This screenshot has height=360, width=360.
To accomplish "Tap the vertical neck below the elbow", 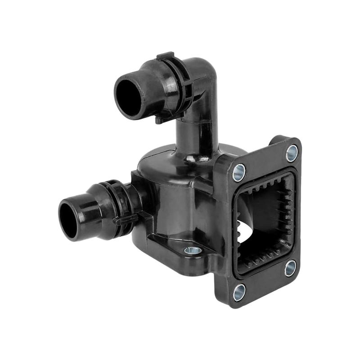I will coord(193,135).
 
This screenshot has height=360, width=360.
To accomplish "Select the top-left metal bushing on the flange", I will coord(239,171).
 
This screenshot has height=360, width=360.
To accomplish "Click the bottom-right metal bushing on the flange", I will coord(290,268).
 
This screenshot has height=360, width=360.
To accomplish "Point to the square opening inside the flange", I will coord(261,220).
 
